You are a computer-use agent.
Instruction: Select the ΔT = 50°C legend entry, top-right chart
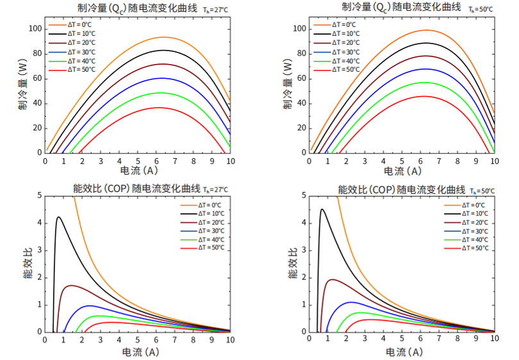pos(345,69)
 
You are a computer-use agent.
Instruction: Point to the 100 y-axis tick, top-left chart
pos(35,29)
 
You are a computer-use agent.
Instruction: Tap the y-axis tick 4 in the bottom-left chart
pos(39,223)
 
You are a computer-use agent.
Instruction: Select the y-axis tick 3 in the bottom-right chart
pos(304,250)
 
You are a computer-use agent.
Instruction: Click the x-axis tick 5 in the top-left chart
pos(138,161)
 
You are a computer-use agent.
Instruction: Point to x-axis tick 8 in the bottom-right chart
pos(457,340)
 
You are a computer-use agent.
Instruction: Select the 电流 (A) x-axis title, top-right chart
pos(402,172)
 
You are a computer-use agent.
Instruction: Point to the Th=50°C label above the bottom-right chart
pos(482,191)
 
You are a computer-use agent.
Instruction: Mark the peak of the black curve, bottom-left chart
pos(58,217)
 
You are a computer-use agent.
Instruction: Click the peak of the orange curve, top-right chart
pos(424,30)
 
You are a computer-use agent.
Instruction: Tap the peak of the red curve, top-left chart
pos(159,108)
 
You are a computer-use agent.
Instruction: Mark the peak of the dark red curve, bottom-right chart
pos(331,279)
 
